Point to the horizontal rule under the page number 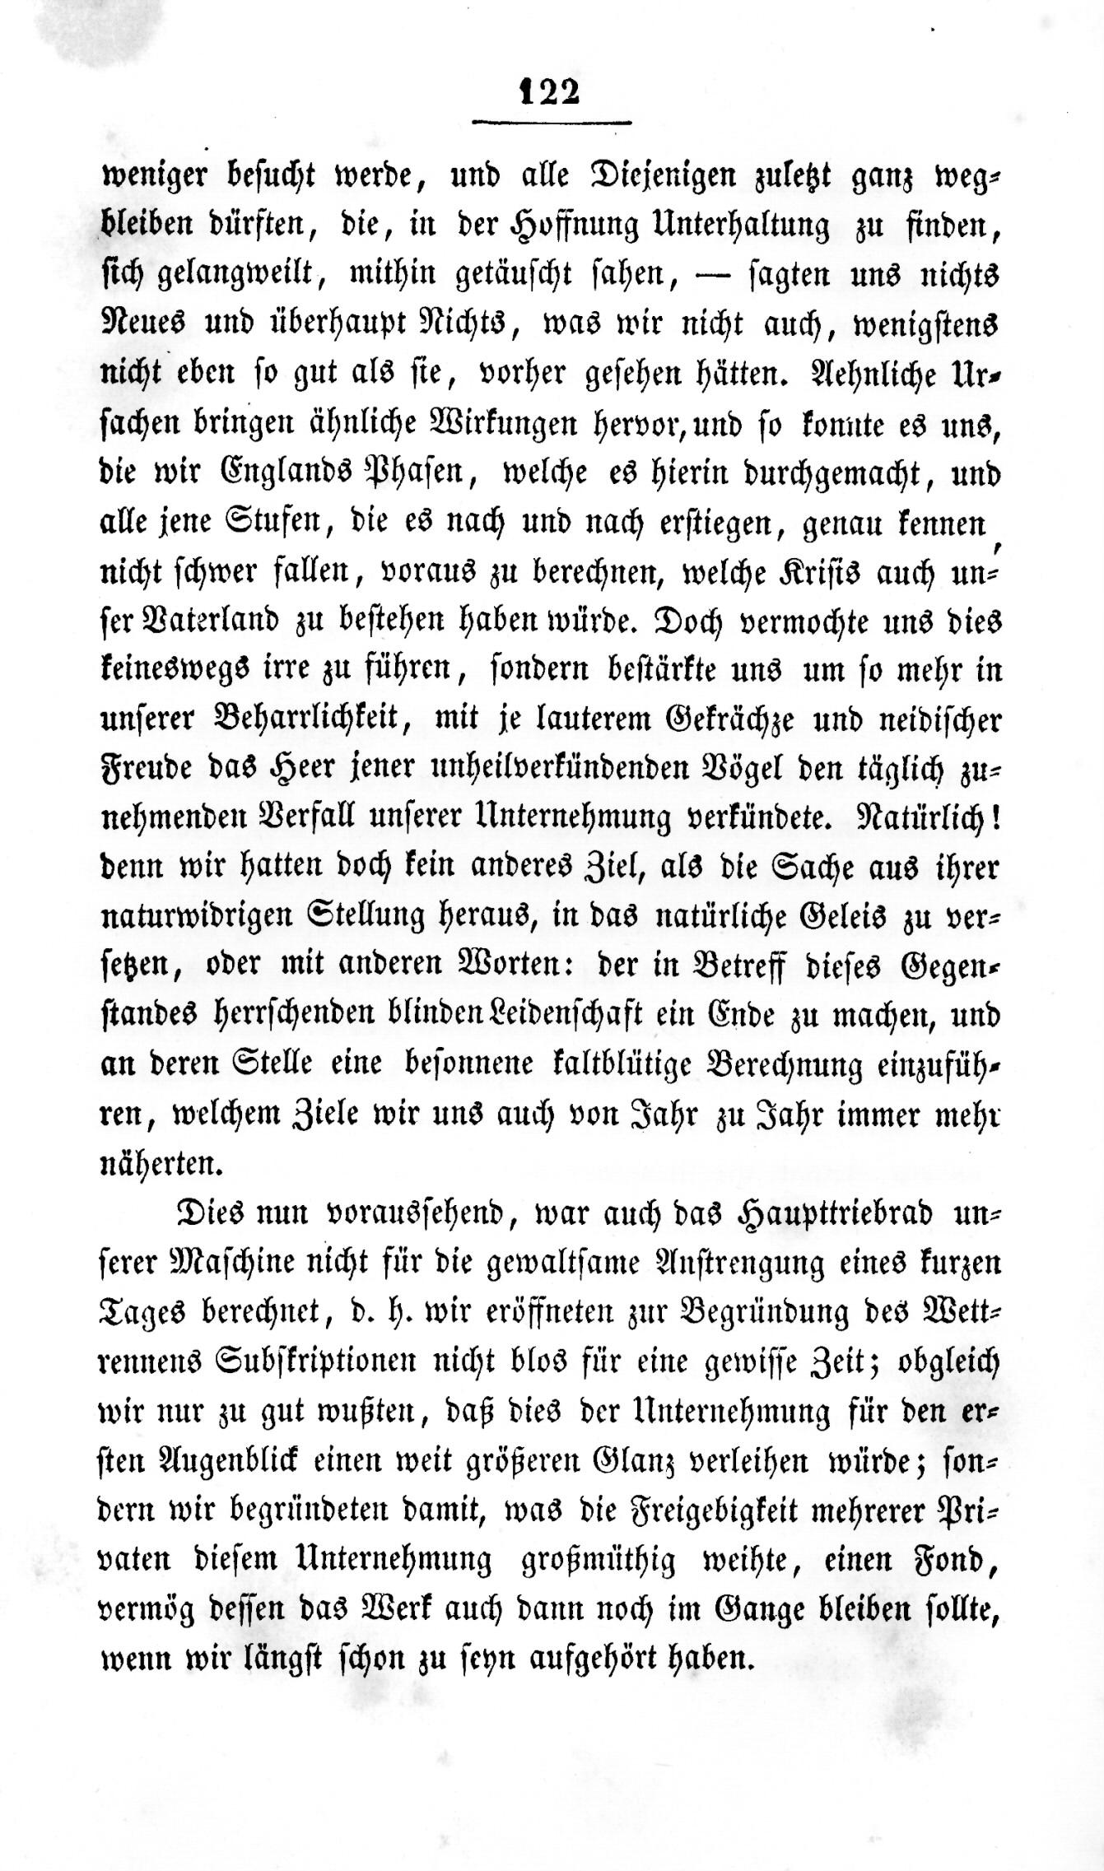pyautogui.click(x=552, y=123)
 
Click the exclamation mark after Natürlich pyautogui.click(x=996, y=817)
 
